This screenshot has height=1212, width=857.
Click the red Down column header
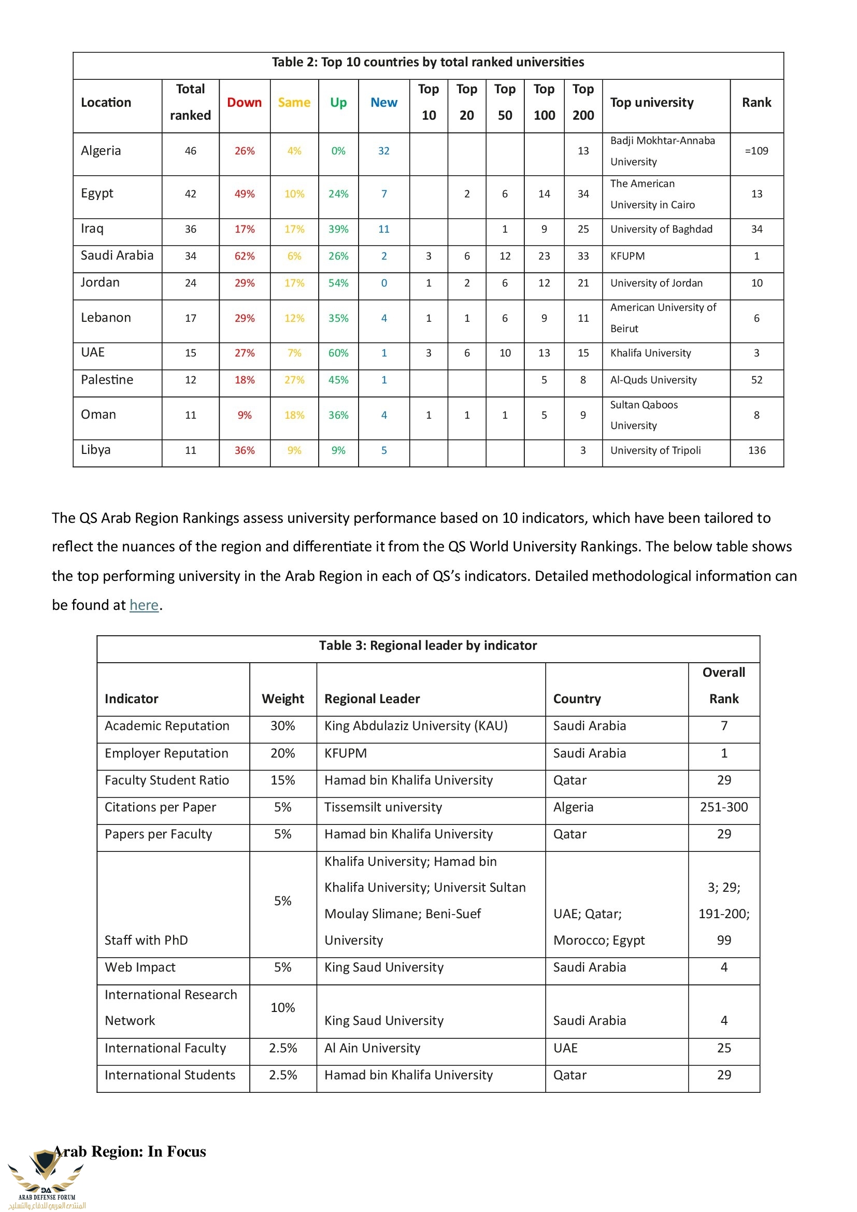(x=245, y=103)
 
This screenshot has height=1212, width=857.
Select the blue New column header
(x=383, y=103)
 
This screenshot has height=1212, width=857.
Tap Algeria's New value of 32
(x=383, y=151)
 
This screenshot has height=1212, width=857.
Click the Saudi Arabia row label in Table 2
(x=117, y=255)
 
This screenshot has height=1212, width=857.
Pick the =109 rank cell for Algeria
(x=756, y=151)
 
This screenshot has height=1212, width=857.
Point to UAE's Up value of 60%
(x=338, y=353)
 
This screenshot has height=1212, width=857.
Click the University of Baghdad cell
(x=661, y=229)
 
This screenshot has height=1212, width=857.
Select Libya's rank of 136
(x=756, y=450)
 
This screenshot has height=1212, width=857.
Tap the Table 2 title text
(x=427, y=62)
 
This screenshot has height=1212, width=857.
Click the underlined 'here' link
(x=144, y=605)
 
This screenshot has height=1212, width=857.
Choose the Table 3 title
(x=427, y=646)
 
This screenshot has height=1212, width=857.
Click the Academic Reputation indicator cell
(x=167, y=726)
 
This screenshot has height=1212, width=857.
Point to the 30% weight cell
(x=282, y=726)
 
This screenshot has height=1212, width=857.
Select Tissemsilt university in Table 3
(x=383, y=807)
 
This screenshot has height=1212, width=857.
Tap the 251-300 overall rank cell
(x=723, y=807)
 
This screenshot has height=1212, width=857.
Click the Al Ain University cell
(x=372, y=1048)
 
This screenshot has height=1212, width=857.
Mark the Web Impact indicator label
(x=140, y=967)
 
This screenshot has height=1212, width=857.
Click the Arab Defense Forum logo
(x=47, y=1178)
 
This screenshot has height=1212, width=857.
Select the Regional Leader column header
(x=372, y=699)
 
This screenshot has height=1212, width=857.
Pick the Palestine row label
(x=107, y=379)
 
